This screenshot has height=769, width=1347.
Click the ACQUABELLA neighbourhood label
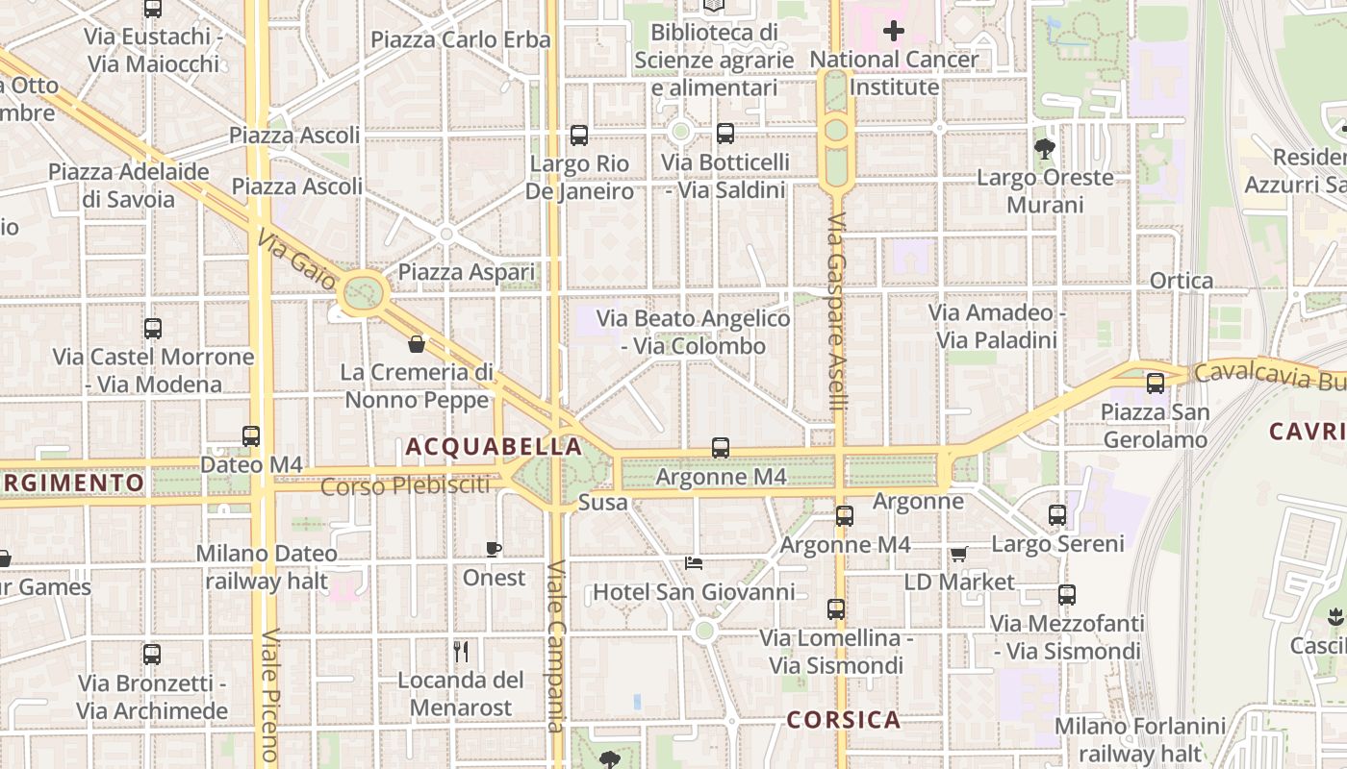point(494,447)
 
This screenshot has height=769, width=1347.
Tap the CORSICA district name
point(844,720)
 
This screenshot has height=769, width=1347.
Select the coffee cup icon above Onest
point(494,549)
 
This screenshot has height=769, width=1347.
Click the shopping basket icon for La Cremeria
point(417,343)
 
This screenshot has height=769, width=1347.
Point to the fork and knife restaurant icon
point(461,652)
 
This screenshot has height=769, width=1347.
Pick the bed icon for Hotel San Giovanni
point(693,562)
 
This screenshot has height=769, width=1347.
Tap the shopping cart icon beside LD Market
point(958,554)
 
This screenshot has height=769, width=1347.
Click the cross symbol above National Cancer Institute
point(894,31)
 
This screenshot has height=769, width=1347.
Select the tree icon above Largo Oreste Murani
point(1044,148)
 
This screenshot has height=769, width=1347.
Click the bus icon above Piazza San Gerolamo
point(1156,383)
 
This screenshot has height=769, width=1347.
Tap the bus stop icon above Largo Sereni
point(1057,514)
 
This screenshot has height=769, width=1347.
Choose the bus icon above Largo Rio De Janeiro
point(579,135)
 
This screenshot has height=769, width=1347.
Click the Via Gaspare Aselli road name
point(837,312)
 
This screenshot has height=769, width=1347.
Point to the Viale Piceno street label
point(270,696)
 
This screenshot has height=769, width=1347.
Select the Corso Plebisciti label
point(404,486)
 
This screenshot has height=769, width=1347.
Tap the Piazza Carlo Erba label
point(460,39)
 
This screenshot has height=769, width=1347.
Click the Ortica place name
point(1182,281)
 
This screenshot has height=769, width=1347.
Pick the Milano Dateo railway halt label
point(267,567)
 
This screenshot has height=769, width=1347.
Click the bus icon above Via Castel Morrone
point(153,328)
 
